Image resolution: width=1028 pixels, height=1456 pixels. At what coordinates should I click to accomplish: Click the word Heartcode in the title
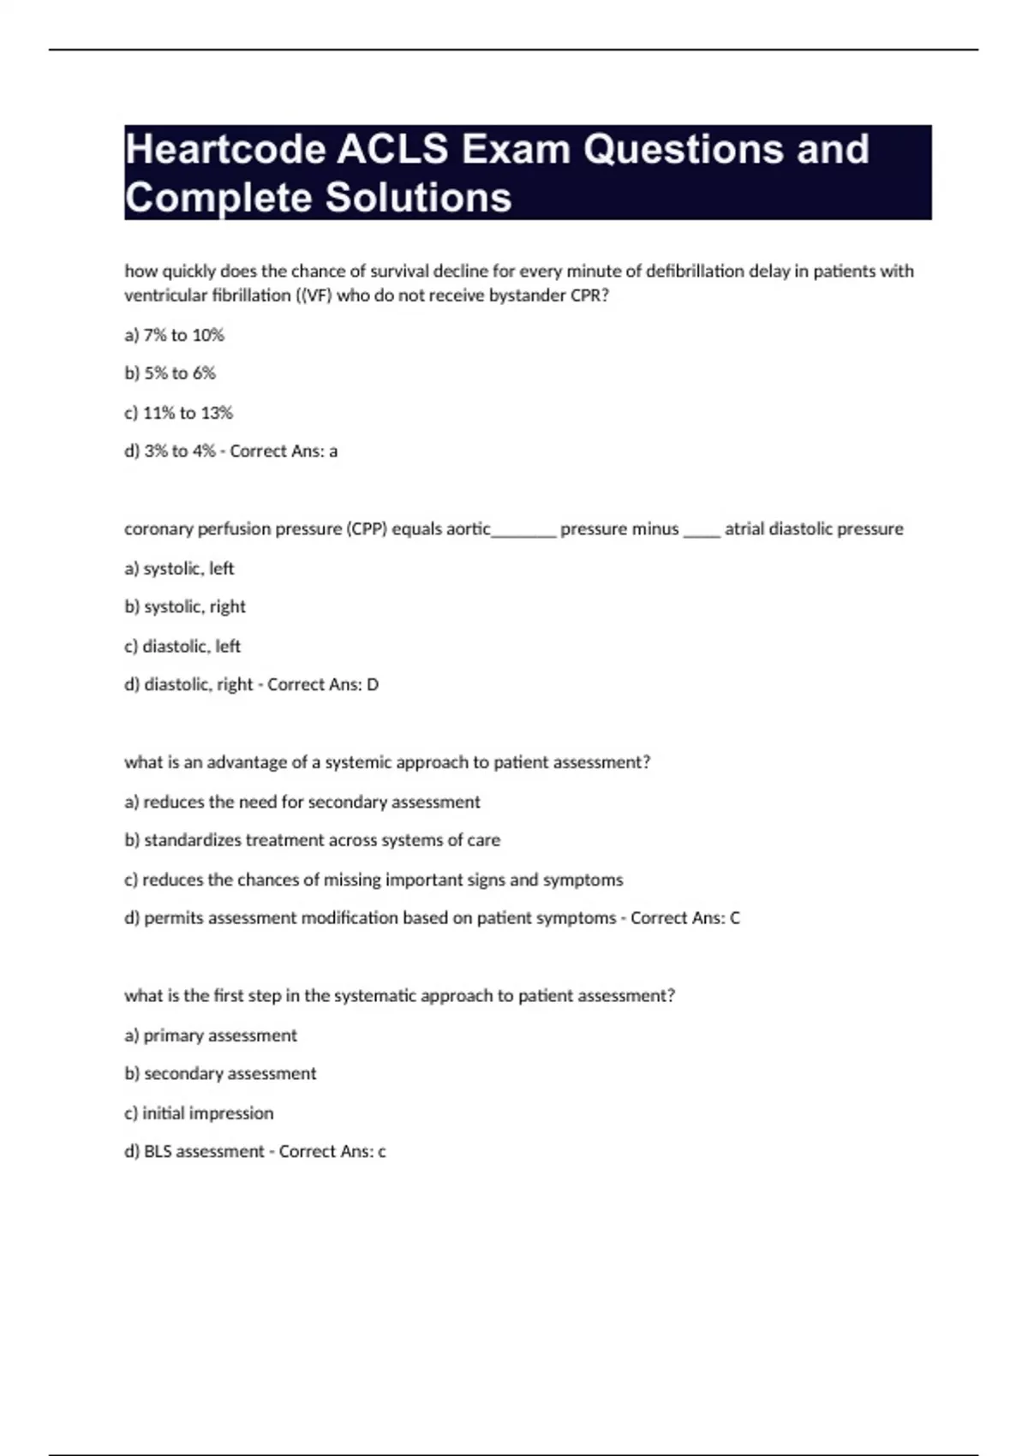225,150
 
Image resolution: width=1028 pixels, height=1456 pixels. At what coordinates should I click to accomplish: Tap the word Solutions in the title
418,198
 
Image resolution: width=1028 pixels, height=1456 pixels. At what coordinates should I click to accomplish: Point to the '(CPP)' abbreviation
367,529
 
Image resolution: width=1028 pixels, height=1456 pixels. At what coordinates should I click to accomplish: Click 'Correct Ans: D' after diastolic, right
323,685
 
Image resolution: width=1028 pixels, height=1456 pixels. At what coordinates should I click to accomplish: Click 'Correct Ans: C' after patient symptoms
685,918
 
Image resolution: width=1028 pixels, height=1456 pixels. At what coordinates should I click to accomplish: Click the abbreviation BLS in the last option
158,1152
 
